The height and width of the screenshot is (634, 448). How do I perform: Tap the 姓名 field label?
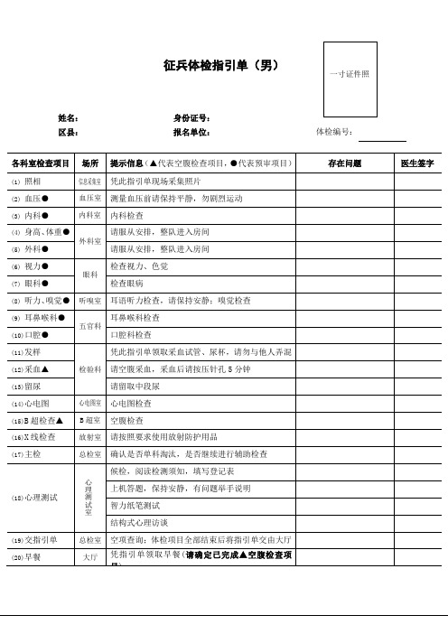point(69,117)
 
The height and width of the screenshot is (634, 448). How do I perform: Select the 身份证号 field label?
point(192,117)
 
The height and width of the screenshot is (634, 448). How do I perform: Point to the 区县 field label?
point(69,133)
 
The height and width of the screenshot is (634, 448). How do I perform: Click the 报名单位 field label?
point(192,133)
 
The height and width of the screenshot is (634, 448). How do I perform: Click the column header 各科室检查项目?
point(40,163)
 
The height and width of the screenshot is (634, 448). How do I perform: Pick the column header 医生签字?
point(417,163)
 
